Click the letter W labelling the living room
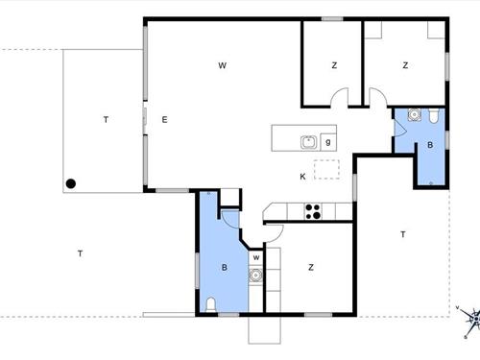coord(223,65)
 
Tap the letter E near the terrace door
coord(164,120)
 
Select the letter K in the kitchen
coord(302,177)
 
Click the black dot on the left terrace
coord(71,183)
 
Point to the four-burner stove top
coord(313,211)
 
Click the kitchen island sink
coord(309,142)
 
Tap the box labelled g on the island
coord(328,142)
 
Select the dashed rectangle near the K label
coord(326,169)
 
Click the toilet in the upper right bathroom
coord(434,116)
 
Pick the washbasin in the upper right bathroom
coord(415,114)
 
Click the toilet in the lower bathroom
coord(210,304)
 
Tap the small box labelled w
coord(256,258)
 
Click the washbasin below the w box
coord(255,275)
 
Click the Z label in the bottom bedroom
coord(311,267)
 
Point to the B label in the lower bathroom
coord(225,267)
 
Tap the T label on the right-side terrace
coord(403,234)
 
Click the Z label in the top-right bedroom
coord(405,65)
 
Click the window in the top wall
coord(332,19)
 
